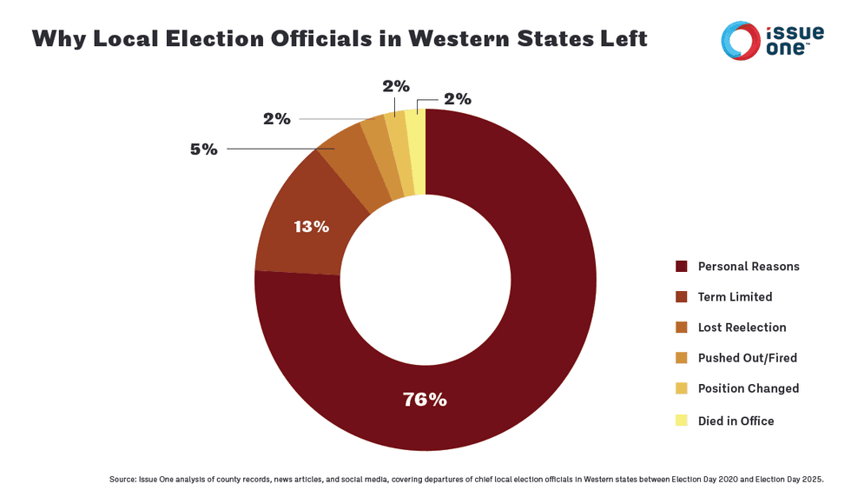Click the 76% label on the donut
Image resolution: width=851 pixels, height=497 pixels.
click(425, 400)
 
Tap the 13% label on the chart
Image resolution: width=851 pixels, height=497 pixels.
click(311, 227)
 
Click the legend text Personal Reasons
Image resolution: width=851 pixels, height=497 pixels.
click(749, 266)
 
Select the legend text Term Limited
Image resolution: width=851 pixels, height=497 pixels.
click(735, 296)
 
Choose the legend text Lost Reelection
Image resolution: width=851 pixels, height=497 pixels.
click(742, 328)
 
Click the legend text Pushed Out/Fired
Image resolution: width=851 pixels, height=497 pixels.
click(747, 358)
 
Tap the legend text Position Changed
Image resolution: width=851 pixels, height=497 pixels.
click(748, 388)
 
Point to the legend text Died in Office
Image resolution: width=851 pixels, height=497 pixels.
click(736, 421)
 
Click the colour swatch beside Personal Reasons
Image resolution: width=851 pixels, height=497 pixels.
click(682, 266)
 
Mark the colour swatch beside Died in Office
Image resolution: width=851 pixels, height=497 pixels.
click(682, 421)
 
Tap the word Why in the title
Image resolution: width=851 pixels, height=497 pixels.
click(56, 39)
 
